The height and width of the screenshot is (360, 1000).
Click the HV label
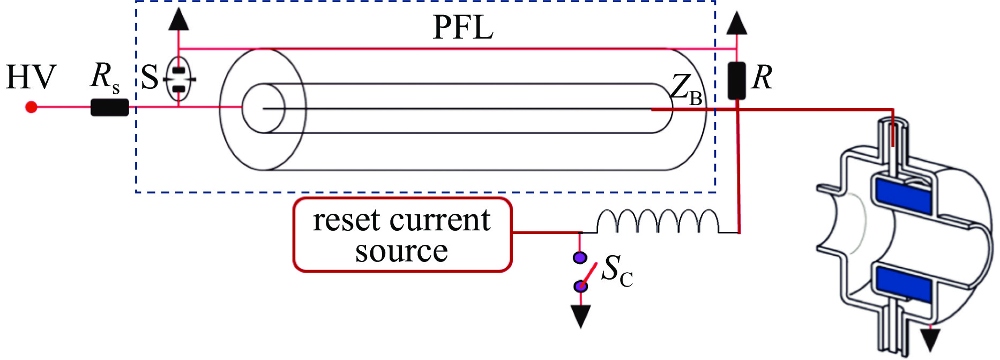(31, 77)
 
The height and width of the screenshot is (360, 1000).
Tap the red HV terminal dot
(31, 107)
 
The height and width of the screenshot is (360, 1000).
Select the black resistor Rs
(110, 107)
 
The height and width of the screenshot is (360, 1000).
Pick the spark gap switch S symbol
(179, 79)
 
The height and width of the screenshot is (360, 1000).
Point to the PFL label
(462, 28)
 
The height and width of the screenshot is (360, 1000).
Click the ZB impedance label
(686, 89)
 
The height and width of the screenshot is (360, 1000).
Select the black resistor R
(737, 80)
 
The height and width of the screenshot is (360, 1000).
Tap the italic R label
(762, 78)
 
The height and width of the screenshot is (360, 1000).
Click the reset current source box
(402, 235)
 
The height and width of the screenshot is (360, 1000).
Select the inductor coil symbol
(658, 221)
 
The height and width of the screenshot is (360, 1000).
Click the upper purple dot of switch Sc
(580, 258)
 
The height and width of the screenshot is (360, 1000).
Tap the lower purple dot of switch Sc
(580, 286)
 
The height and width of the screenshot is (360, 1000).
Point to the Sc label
(617, 271)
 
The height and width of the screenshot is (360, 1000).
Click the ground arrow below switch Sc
(580, 316)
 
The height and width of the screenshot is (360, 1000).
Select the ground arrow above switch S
(179, 20)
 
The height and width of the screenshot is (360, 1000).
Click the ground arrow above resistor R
(737, 24)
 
